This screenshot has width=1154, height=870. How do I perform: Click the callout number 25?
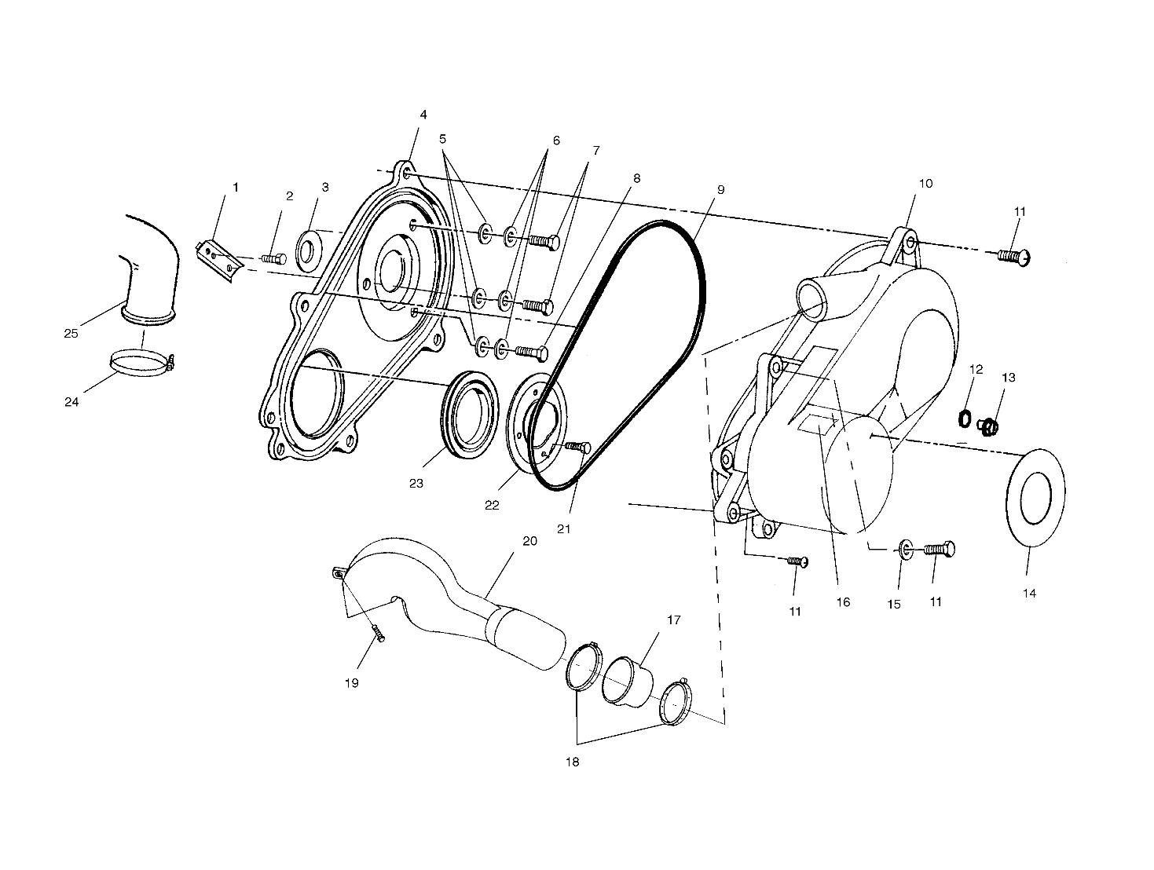tap(71, 333)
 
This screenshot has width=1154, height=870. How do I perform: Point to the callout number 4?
tap(423, 115)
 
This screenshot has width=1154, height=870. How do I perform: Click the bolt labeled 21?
tap(579, 448)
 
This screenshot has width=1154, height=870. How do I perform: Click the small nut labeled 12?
tap(965, 419)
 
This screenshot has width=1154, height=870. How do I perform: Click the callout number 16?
tap(842, 602)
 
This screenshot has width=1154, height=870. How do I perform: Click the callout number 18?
tap(573, 762)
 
